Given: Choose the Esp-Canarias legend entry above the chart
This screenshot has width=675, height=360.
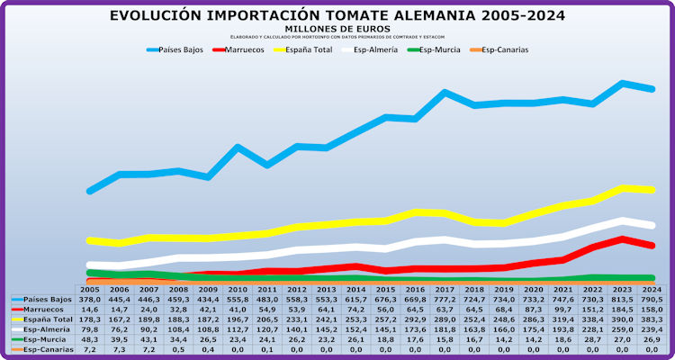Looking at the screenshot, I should click(504, 49).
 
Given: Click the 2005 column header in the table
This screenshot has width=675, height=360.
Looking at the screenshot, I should click(90, 289).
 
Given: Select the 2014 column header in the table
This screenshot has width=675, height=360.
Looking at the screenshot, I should click(355, 289).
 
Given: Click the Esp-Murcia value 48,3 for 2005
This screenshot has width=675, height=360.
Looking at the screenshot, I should click(90, 339).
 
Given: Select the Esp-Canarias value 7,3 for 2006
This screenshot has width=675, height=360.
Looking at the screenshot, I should click(120, 349).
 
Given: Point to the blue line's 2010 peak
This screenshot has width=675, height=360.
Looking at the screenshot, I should click(238, 146).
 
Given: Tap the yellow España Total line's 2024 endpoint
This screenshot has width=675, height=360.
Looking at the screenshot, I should click(651, 190).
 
